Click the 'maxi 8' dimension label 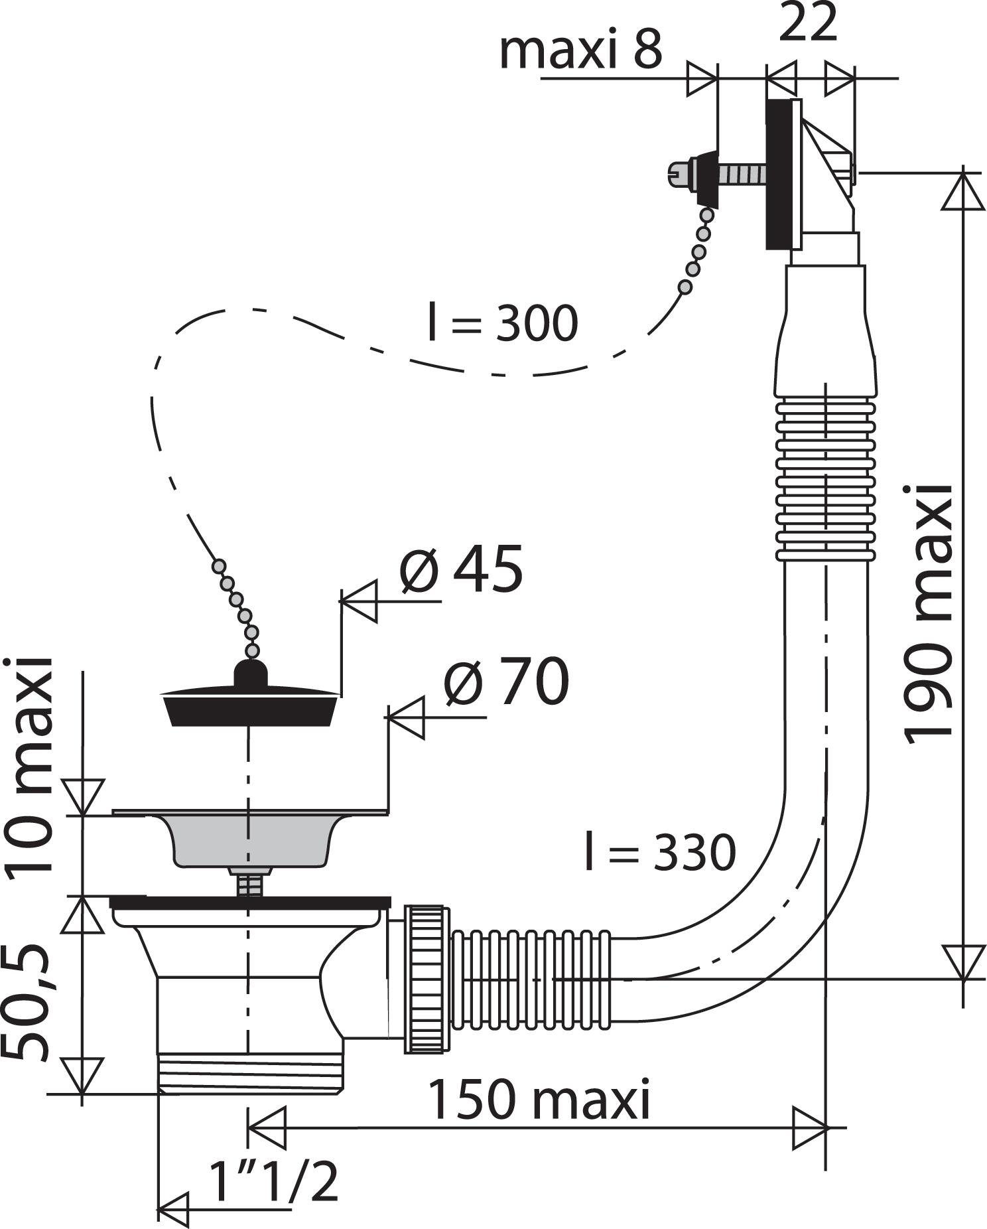point(581,50)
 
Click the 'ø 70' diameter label point(507,682)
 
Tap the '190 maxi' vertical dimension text point(929,613)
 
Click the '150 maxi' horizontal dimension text point(539,1100)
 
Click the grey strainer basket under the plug point(250,838)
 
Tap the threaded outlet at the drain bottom point(251,1072)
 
